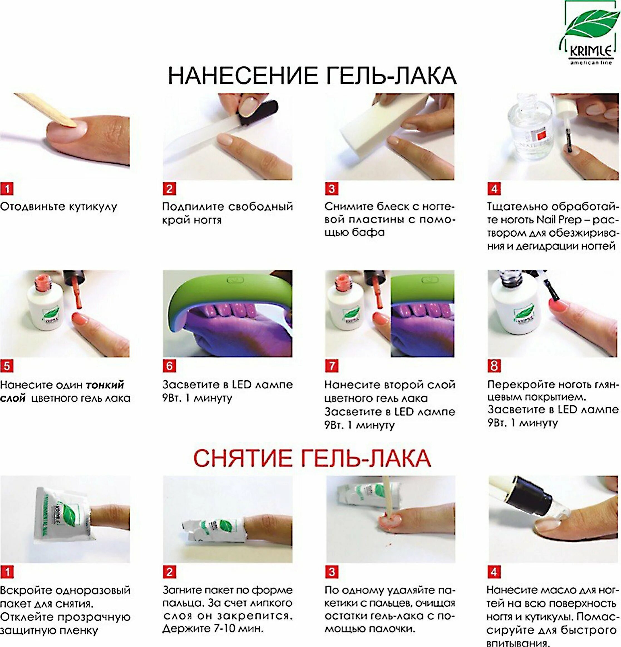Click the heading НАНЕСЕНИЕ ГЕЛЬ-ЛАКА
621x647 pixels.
pos(312,76)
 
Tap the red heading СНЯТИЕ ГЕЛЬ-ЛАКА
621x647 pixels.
pos(312,458)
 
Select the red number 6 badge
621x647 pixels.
pos(169,366)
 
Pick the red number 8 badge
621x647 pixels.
pos(494,366)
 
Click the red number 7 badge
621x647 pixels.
pos(331,366)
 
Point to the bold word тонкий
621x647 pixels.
pos(105,385)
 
